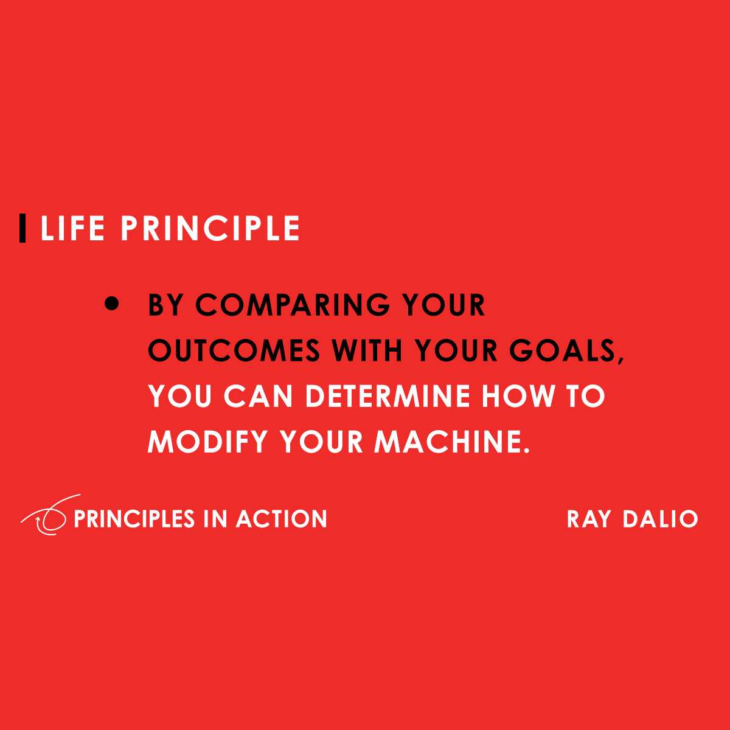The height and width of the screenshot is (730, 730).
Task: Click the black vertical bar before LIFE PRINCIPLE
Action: [23, 228]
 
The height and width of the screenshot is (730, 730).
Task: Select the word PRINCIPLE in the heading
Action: [210, 229]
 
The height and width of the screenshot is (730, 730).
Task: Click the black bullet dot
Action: [112, 304]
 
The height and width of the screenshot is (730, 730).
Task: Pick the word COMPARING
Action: [293, 305]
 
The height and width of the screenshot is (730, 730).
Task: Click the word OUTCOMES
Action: [234, 350]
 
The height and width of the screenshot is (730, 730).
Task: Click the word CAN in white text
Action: [259, 396]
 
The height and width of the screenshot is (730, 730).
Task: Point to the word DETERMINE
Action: [388, 396]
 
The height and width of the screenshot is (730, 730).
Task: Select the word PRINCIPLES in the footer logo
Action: [134, 519]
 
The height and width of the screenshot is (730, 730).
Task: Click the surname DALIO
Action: [660, 519]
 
